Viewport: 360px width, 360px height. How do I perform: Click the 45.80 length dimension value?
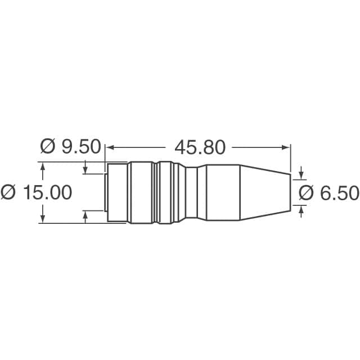200,147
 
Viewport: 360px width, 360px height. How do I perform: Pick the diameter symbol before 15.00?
8,192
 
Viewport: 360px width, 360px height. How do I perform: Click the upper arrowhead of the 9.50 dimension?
85,170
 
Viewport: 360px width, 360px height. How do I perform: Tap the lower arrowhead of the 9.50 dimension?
85,215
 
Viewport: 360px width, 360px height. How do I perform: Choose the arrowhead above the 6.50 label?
301,172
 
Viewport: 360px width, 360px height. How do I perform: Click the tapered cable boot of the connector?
264,192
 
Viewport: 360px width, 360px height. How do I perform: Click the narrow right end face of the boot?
290,192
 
